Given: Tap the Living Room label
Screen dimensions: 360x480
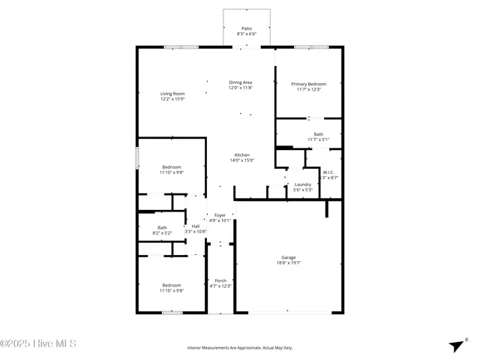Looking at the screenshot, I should (x=172, y=93).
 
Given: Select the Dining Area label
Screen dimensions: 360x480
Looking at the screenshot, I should (x=240, y=82).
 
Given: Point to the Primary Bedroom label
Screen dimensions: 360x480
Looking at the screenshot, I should (x=308, y=84).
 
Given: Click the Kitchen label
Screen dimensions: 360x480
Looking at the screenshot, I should (x=241, y=154).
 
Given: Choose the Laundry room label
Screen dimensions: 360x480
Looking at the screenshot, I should (x=303, y=184).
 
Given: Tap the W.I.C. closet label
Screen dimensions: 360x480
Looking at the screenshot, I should (x=328, y=172).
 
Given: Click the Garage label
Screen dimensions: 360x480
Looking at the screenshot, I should (x=289, y=257).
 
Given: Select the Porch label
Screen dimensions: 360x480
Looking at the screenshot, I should (x=220, y=280).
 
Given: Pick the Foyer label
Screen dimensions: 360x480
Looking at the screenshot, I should (x=220, y=215).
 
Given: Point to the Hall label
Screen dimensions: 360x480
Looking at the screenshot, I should (x=195, y=226).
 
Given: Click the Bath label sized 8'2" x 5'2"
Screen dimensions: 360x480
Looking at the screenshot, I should (x=162, y=228).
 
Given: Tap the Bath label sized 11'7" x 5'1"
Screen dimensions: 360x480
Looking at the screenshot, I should (x=319, y=134).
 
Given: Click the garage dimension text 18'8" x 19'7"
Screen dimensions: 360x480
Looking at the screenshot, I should (x=289, y=263).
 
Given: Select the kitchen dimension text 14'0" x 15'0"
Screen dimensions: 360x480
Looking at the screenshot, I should (x=241, y=160).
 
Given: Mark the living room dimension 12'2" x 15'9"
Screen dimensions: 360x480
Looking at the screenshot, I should (x=172, y=99).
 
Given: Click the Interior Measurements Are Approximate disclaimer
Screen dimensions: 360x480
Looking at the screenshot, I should (x=239, y=348).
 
